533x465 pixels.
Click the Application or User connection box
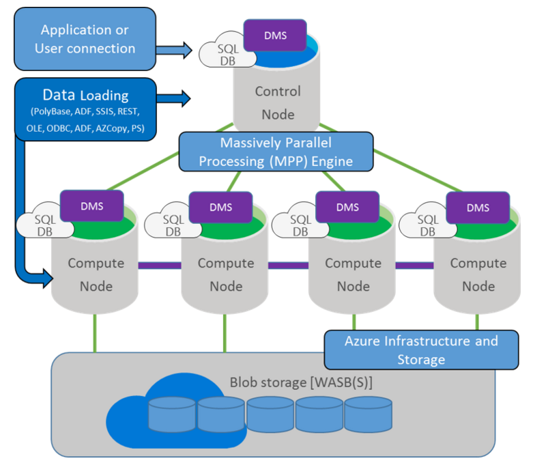85,39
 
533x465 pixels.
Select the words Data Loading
85,95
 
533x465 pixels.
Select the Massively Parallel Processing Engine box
276,151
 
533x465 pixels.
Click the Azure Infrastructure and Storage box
420,349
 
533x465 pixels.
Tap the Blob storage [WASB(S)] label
302,382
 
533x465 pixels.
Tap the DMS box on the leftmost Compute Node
91,206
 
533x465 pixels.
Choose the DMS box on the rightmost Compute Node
477,208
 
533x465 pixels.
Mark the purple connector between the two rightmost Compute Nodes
417,265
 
